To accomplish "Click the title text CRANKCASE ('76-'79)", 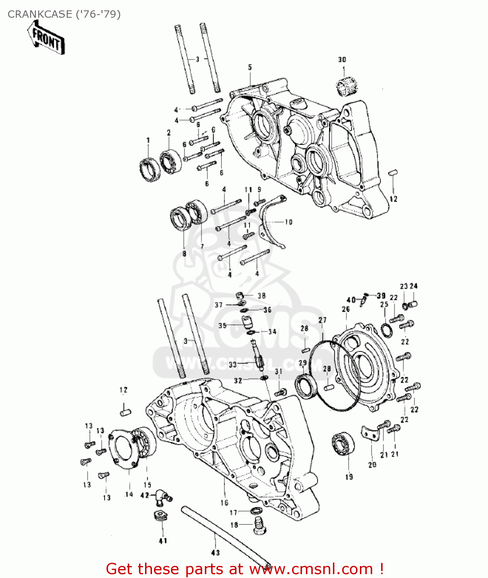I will click(64, 14).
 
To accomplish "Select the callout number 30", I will click(342, 59).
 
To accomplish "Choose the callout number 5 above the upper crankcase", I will click(250, 67).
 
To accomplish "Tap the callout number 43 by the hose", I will click(215, 553).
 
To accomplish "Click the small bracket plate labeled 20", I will click(370, 434).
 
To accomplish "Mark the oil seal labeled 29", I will click(307, 386).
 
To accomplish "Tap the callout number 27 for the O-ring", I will click(323, 320).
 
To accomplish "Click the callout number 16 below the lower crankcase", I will click(225, 502).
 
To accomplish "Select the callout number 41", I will click(163, 541).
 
